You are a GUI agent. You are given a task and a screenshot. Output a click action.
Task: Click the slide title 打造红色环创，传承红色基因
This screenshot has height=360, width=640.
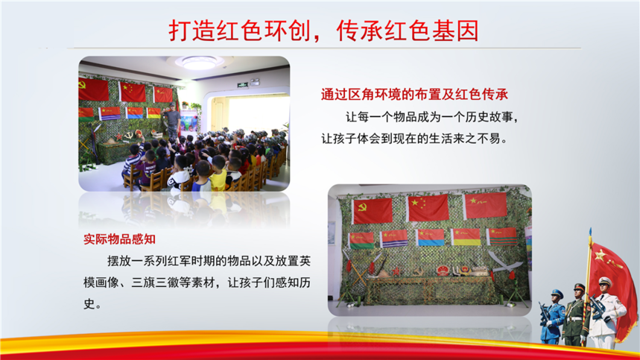click(323, 31)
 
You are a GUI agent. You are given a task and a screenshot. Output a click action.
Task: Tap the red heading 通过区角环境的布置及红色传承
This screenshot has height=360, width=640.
click(414, 94)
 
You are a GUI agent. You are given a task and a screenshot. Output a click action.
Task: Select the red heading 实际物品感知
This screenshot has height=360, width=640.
click(119, 239)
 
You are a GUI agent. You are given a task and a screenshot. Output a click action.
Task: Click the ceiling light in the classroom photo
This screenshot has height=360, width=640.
click(199, 63)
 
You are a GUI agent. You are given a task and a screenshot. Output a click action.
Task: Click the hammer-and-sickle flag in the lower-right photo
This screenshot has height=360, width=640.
click(373, 211)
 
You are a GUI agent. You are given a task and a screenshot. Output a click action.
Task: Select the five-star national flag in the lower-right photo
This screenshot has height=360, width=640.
click(428, 208)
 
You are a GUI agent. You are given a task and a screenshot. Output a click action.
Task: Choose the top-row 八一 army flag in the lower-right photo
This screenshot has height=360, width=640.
click(485, 205)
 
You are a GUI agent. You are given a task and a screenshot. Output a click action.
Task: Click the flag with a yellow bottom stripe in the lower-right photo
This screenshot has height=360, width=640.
click(466, 237)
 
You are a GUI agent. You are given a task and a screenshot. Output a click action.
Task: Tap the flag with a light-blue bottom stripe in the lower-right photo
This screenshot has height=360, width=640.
click(430, 238)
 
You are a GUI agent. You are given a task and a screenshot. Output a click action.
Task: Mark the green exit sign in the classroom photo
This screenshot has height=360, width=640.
click(243, 85)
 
